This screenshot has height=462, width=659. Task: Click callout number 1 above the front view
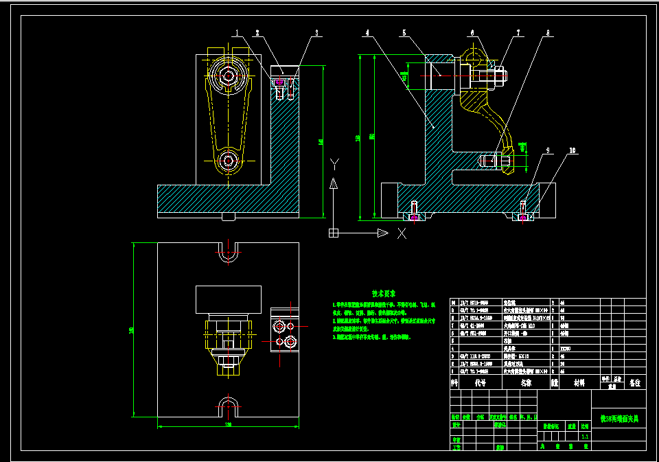coord(237,32)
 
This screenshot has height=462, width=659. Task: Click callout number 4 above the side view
coord(368,32)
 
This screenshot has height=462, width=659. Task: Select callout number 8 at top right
coord(548,32)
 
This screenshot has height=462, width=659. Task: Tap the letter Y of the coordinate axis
coord(334,163)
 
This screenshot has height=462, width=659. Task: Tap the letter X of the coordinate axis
coord(402,233)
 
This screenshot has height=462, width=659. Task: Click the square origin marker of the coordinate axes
coord(334,233)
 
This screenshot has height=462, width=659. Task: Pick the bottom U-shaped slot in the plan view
coord(228,405)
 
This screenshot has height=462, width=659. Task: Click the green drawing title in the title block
coord(618,417)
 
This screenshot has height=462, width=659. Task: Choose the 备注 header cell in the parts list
coord(634,383)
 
